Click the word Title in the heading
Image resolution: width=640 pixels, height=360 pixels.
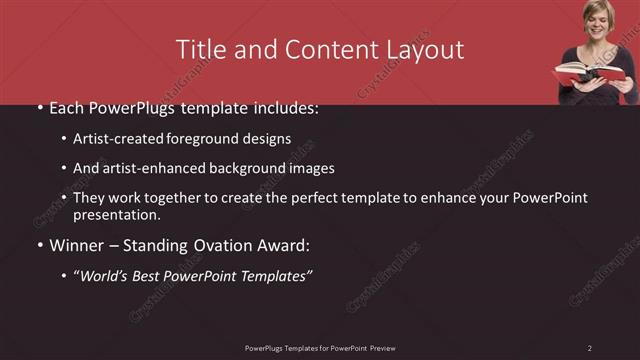200,49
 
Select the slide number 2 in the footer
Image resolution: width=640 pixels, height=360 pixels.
590,347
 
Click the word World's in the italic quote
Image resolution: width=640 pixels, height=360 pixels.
107,274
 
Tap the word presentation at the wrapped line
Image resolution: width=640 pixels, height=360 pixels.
115,215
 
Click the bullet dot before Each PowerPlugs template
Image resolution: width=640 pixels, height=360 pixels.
39,108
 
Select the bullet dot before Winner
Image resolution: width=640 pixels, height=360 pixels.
39,243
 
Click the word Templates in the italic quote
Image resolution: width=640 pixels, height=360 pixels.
273,274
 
